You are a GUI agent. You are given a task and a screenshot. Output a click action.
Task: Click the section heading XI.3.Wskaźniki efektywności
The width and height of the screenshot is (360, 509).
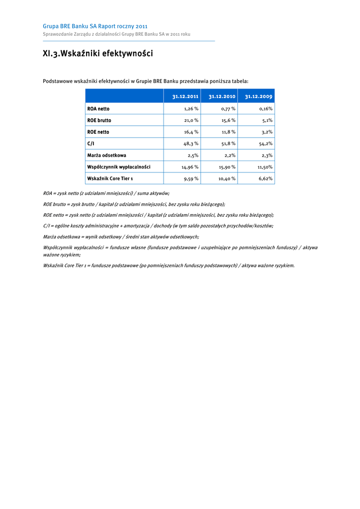[97, 54]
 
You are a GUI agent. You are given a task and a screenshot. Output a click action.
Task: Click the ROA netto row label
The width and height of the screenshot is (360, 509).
[98, 109]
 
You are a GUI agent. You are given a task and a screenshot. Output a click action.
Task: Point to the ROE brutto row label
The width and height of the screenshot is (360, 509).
[99, 120]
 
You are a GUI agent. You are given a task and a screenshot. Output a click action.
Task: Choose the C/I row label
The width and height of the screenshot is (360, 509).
[90, 144]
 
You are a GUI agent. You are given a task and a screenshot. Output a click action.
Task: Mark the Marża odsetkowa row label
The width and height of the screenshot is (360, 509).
[106, 156]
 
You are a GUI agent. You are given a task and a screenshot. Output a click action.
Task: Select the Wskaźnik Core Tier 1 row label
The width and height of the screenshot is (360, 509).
[110, 178]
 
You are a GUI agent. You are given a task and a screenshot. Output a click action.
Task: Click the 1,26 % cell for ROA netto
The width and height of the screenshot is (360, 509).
[191, 109]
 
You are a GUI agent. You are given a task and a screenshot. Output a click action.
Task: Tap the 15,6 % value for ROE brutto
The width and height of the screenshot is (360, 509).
[228, 120]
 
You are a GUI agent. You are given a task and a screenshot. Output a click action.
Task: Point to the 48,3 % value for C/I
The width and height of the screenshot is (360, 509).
[191, 144]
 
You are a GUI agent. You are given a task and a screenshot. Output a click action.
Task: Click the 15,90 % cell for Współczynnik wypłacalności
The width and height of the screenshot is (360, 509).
[227, 167]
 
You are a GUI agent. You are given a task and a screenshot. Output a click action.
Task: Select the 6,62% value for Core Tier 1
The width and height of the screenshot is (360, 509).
[265, 178]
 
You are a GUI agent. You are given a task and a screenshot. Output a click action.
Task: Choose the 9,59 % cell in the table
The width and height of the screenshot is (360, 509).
[190, 178]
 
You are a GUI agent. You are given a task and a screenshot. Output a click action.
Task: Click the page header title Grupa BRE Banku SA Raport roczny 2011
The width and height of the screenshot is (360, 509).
[95, 26]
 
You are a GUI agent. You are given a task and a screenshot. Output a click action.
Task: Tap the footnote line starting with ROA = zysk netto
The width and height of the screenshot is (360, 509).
[106, 193]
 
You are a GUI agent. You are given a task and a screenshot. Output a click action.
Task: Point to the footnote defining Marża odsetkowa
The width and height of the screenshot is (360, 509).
[121, 237]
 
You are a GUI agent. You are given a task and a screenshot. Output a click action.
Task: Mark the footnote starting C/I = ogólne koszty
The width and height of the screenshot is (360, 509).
[158, 226]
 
